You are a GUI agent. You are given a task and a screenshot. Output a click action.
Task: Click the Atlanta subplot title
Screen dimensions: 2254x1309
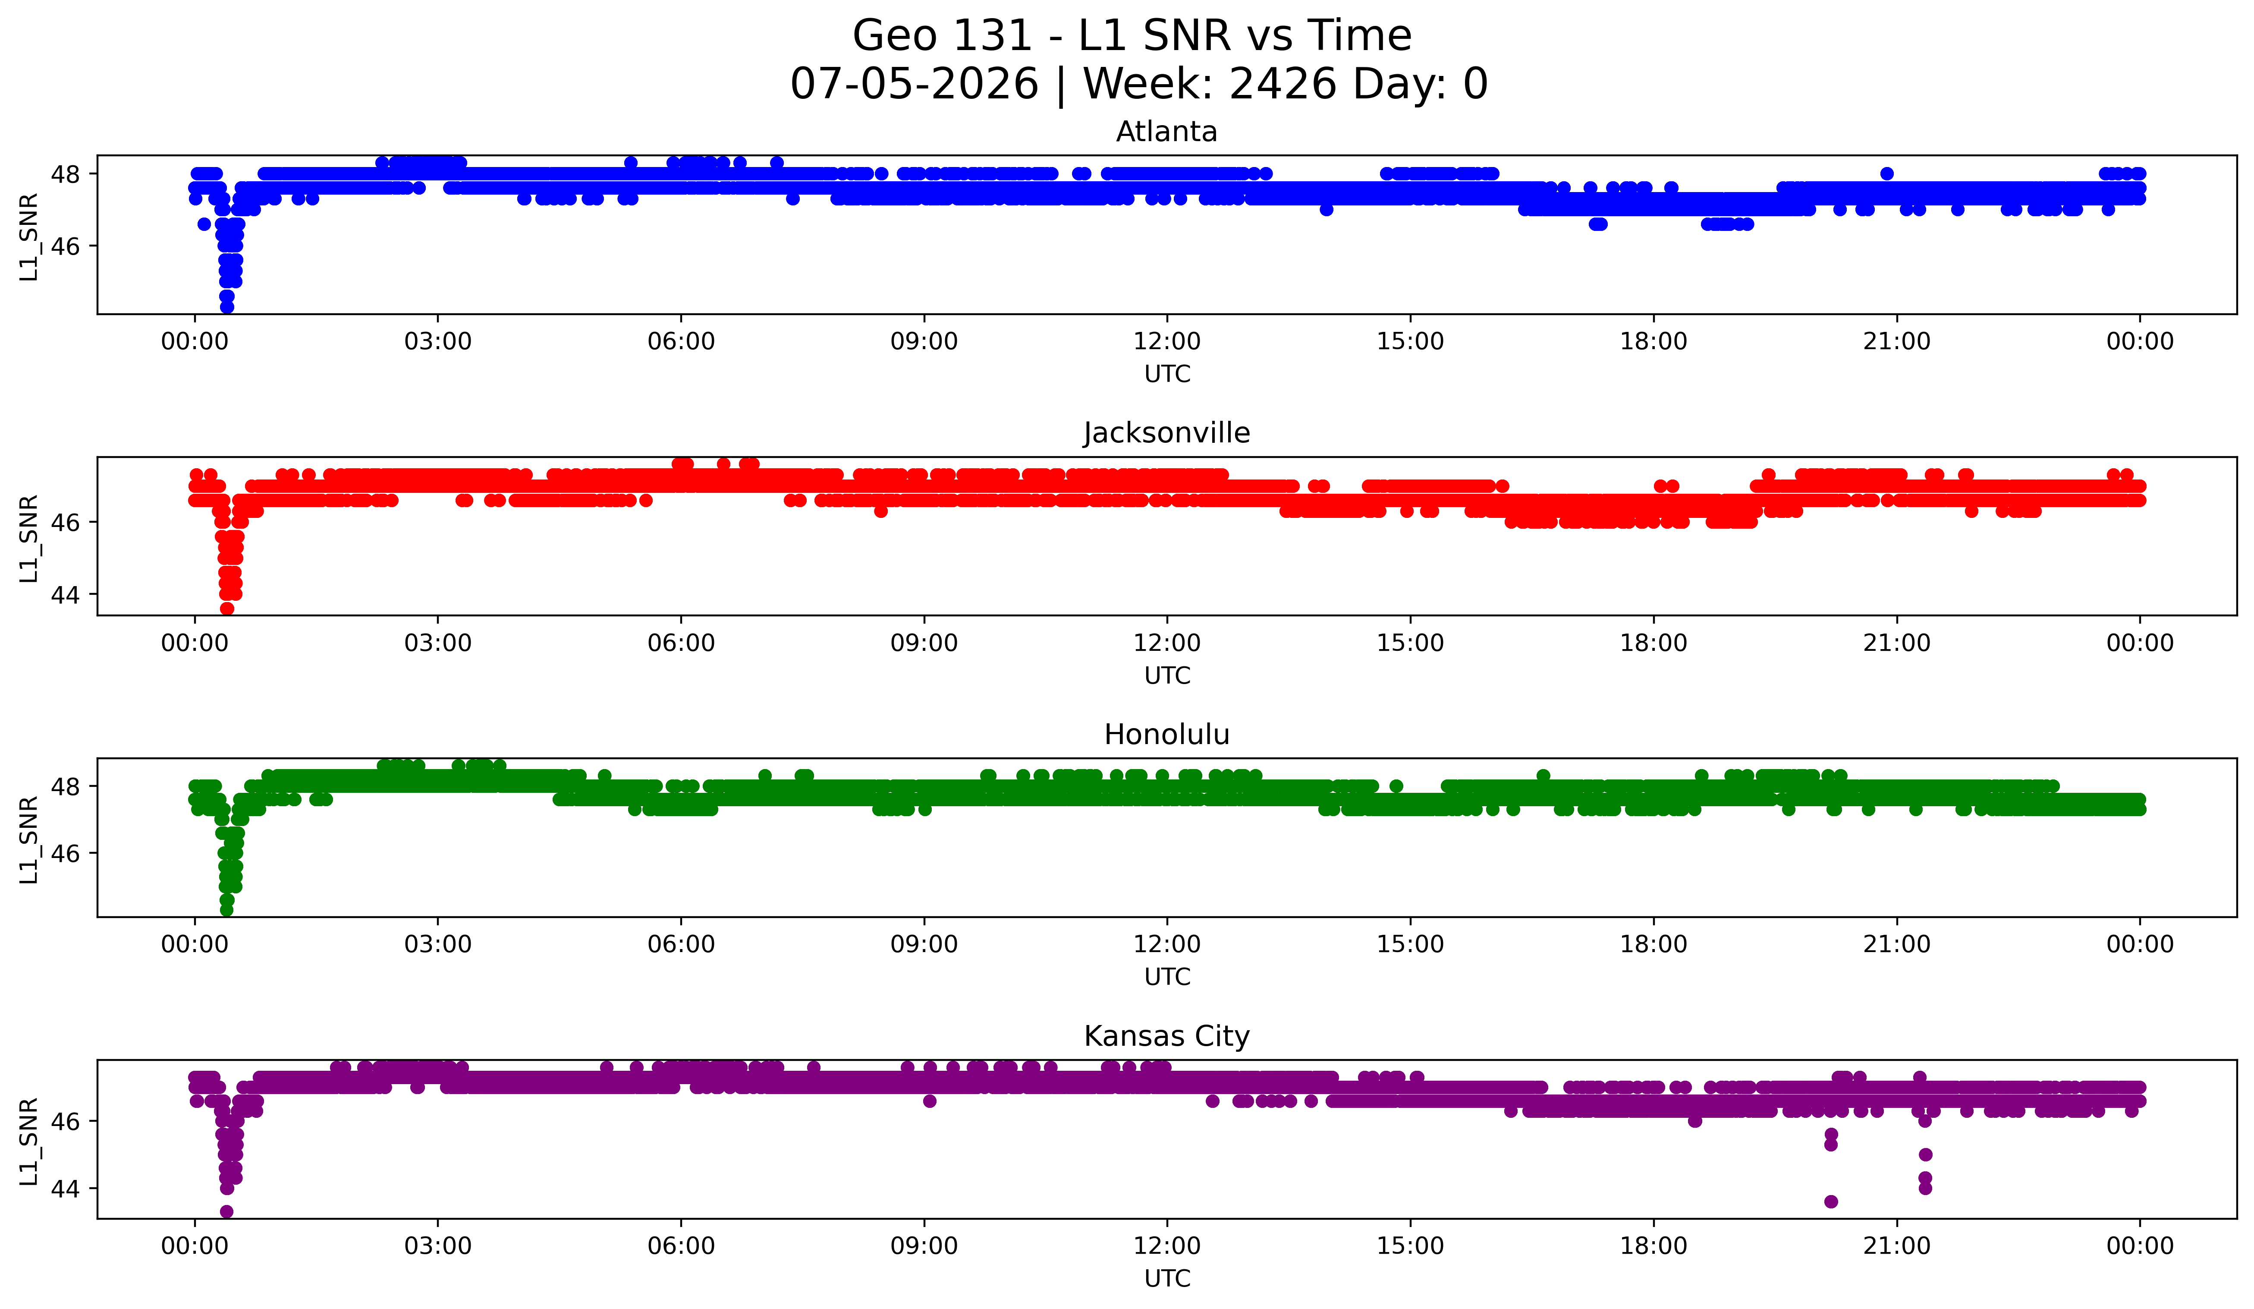coord(1166,132)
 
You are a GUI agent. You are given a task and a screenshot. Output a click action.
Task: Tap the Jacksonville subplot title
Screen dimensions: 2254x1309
coord(1166,433)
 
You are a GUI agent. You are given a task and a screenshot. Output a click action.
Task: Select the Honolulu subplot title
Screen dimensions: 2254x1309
coord(1166,735)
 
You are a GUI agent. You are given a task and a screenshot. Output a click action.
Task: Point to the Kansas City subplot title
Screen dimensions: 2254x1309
coord(1166,1036)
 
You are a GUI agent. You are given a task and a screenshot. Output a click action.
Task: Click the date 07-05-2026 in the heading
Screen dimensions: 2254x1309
coord(914,84)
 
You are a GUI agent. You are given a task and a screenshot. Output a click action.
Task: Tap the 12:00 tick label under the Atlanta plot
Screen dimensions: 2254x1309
coord(1166,341)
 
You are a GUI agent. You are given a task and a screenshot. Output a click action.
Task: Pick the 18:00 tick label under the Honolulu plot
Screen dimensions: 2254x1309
coord(1653,944)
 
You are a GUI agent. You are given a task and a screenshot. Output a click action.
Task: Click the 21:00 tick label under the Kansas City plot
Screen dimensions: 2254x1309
coord(1896,1246)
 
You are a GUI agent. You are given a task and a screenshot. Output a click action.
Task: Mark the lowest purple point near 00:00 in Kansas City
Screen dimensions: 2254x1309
coord(226,1211)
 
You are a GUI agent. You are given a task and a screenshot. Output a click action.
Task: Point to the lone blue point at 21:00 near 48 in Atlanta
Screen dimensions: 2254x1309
coord(1886,173)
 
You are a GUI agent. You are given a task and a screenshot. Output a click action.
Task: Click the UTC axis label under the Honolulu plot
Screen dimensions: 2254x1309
coord(1166,977)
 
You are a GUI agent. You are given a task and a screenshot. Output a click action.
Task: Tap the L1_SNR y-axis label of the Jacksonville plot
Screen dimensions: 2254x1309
coord(28,538)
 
